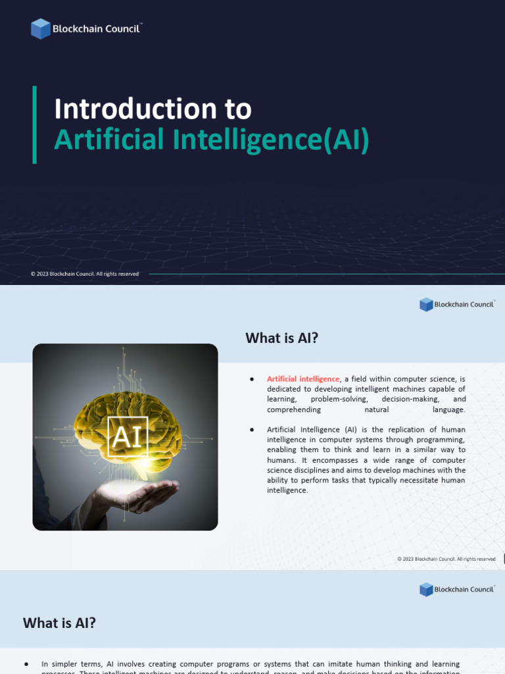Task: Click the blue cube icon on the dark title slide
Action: [40, 29]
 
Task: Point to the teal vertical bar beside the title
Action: [34, 124]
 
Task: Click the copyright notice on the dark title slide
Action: [85, 274]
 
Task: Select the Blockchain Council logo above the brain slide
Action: [456, 304]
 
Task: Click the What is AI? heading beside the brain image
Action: [281, 338]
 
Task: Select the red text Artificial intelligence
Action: [303, 379]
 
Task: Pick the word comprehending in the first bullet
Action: [294, 409]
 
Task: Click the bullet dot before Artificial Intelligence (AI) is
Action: [252, 430]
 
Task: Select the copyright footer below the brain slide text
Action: [446, 559]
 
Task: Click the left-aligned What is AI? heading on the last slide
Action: [59, 623]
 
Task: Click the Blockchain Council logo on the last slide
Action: [456, 589]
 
